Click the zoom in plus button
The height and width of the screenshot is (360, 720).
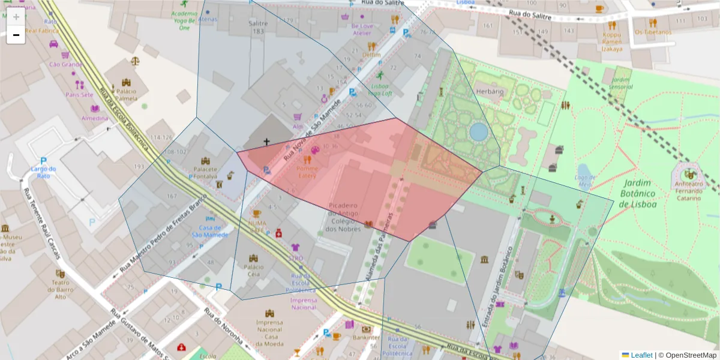pyautogui.click(x=16, y=17)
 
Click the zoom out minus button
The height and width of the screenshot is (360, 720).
pyautogui.click(x=16, y=35)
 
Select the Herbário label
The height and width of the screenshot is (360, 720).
pyautogui.click(x=489, y=91)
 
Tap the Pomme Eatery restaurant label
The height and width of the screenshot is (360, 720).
pyautogui.click(x=307, y=172)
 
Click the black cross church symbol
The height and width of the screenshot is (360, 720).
pyautogui.click(x=266, y=142)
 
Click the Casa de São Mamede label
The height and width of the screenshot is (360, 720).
pyautogui.click(x=214, y=231)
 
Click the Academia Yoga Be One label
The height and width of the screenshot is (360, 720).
pyautogui.click(x=184, y=20)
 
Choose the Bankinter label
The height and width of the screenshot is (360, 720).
pyautogui.click(x=366, y=337)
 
